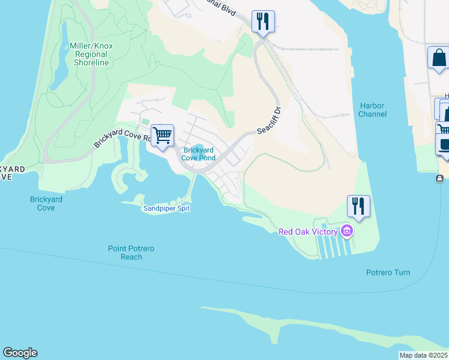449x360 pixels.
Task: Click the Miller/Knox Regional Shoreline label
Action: point(91,54)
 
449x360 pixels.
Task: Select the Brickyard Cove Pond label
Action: point(199,154)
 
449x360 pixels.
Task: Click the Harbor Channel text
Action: point(372,110)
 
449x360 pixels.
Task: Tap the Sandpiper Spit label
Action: point(167,208)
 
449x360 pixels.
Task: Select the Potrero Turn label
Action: point(388,272)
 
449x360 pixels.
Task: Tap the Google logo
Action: point(20,353)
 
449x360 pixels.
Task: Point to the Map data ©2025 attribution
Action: point(423,355)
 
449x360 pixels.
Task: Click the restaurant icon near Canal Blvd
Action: point(263,22)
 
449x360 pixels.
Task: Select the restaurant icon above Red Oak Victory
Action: point(358,206)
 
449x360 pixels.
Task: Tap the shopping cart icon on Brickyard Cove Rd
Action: point(162,135)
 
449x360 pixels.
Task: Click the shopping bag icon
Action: point(439,58)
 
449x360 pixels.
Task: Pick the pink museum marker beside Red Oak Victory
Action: point(346,231)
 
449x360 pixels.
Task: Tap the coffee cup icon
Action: point(443,145)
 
